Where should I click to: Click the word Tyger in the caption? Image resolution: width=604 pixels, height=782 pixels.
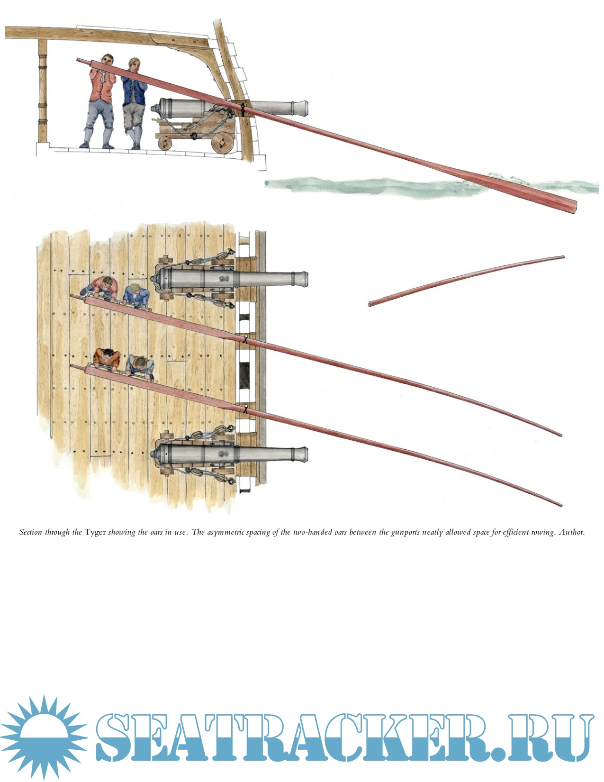point(95,532)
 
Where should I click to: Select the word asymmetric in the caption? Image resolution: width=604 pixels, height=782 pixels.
point(226,532)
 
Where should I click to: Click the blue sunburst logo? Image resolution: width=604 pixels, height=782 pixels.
point(44,738)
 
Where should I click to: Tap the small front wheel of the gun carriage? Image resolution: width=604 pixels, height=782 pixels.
point(165,143)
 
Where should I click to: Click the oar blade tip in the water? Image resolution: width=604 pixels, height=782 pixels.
point(573,207)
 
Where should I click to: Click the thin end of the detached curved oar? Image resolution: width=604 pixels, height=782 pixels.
point(563,257)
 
